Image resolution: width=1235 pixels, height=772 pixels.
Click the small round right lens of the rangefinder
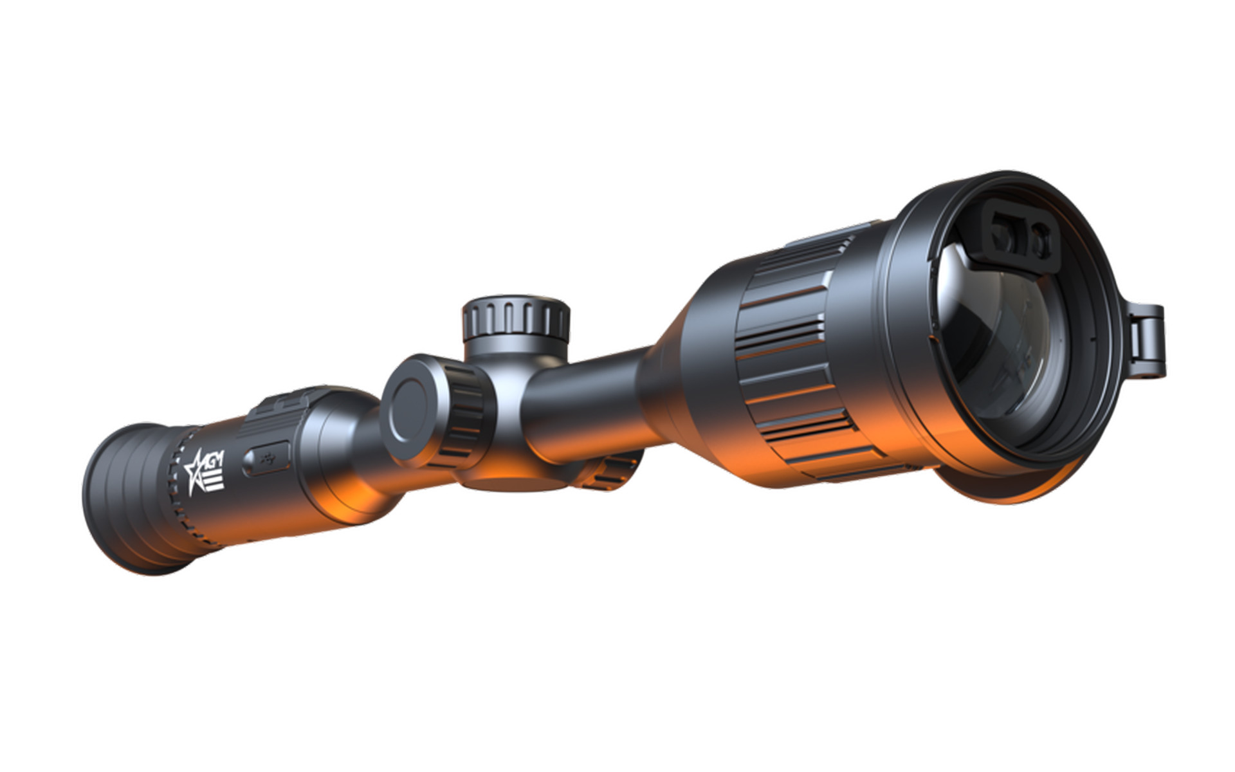tap(1037, 241)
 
